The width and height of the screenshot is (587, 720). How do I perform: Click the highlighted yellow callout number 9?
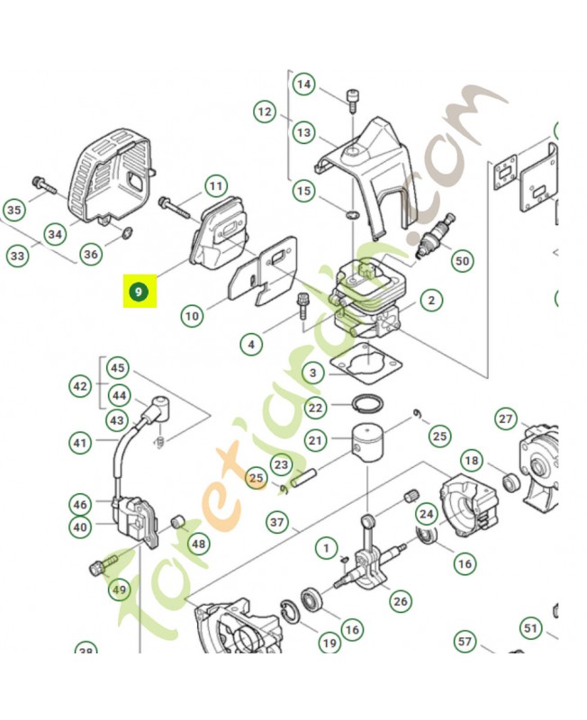tap(139, 292)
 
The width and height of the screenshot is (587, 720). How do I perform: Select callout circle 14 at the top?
tap(304, 84)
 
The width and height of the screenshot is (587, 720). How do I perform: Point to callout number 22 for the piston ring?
tap(315, 408)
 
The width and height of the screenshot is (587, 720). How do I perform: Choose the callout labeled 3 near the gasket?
tap(312, 372)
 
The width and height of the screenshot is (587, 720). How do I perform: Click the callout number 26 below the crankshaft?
tap(400, 600)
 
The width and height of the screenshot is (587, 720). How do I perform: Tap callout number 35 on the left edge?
tap(14, 211)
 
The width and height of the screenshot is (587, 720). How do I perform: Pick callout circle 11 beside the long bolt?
tap(215, 186)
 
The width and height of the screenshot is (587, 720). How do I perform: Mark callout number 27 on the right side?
tap(506, 419)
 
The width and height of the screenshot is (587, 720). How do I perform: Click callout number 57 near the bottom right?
tap(465, 642)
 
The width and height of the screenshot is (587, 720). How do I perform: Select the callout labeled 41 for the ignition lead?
tap(81, 442)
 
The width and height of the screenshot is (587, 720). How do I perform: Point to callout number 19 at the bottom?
tap(330, 643)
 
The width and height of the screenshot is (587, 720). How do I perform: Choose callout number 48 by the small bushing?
tap(198, 544)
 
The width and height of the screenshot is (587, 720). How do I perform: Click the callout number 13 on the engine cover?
tap(304, 133)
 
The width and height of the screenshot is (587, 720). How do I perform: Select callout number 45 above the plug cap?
tap(118, 368)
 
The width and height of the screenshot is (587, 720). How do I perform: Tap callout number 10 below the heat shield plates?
tap(192, 316)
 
